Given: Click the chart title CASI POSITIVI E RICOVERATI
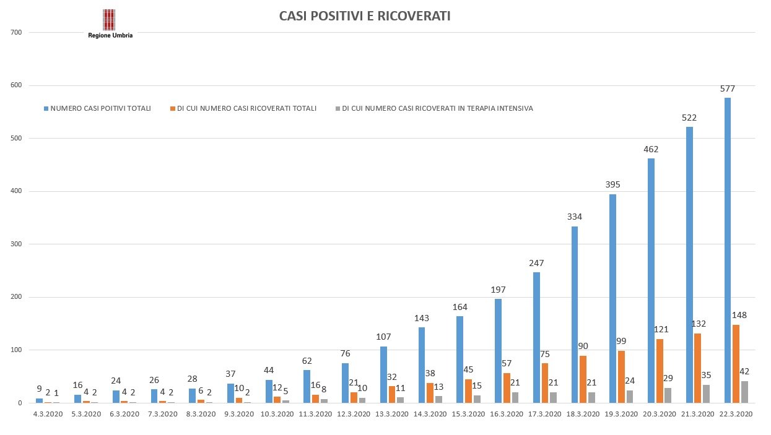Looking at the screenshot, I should click(x=365, y=16).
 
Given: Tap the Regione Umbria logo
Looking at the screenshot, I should click(x=110, y=24).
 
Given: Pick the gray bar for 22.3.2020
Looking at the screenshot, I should click(x=744, y=392).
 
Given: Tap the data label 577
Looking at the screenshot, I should click(x=728, y=88).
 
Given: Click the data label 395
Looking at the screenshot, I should click(x=613, y=184).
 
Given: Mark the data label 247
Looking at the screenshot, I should click(x=536, y=263).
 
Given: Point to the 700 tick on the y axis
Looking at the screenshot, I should click(x=17, y=32).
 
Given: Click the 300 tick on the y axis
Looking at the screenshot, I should click(x=17, y=244).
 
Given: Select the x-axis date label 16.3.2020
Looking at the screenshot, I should click(x=507, y=414).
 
